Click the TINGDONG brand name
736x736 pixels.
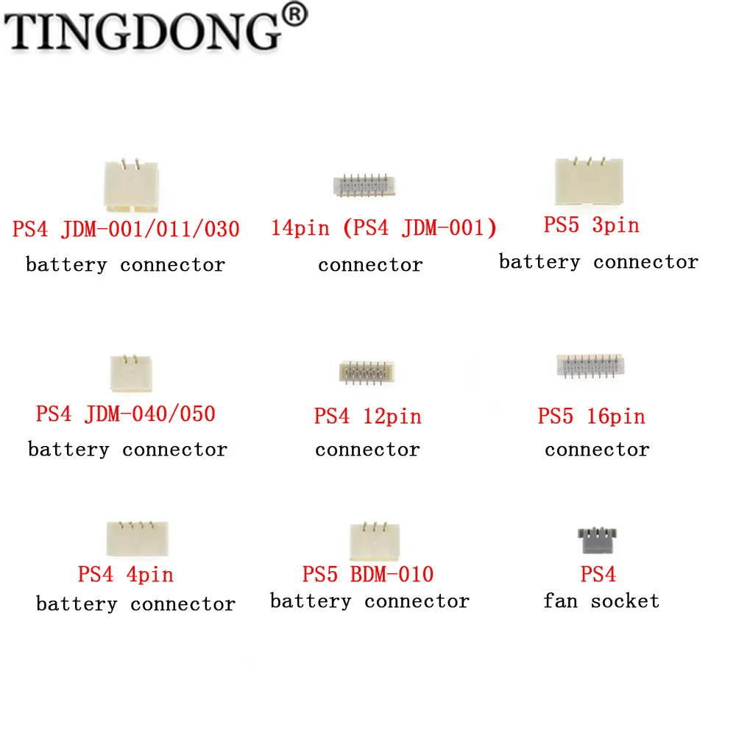pyautogui.click(x=142, y=31)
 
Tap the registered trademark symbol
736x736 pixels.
pyautogui.click(x=295, y=15)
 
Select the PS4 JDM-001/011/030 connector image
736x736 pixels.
pyautogui.click(x=131, y=185)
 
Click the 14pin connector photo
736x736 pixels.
pyautogui.click(x=364, y=186)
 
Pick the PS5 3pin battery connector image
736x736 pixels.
pyautogui.click(x=589, y=181)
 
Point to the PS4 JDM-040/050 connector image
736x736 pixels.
pyautogui.click(x=131, y=374)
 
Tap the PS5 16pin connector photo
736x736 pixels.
pyautogui.click(x=590, y=366)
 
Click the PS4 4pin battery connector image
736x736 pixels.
pyautogui.click(x=137, y=539)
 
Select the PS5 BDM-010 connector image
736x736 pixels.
pyautogui.click(x=375, y=541)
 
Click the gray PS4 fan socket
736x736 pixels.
pyautogui.click(x=597, y=540)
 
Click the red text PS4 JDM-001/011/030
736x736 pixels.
pyautogui.click(x=126, y=229)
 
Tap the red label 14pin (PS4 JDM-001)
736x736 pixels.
pyautogui.click(x=383, y=228)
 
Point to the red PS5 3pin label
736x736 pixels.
pyautogui.click(x=592, y=224)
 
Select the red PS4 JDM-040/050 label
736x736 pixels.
pyautogui.click(x=126, y=414)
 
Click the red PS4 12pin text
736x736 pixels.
pyautogui.click(x=367, y=417)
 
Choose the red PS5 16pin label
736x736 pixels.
pyautogui.click(x=592, y=417)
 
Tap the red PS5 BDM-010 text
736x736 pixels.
pyautogui.click(x=367, y=574)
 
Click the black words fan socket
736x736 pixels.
pyautogui.click(x=601, y=601)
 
